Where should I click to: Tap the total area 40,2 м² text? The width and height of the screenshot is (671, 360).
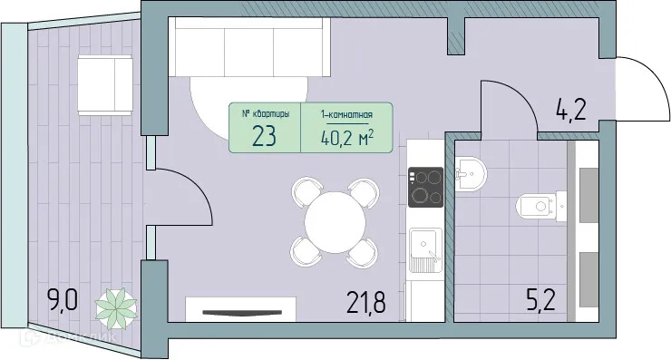point(347,137)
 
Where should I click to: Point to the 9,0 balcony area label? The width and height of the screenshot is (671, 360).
point(64,298)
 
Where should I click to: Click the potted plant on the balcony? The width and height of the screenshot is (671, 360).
point(116,306)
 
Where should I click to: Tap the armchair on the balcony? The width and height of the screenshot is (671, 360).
point(106,82)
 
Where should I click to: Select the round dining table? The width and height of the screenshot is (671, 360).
point(333,220)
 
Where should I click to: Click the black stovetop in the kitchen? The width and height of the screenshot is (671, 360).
point(424,188)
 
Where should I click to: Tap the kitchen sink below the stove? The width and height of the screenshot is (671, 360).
point(424,250)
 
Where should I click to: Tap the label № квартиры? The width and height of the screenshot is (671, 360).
point(267,115)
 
